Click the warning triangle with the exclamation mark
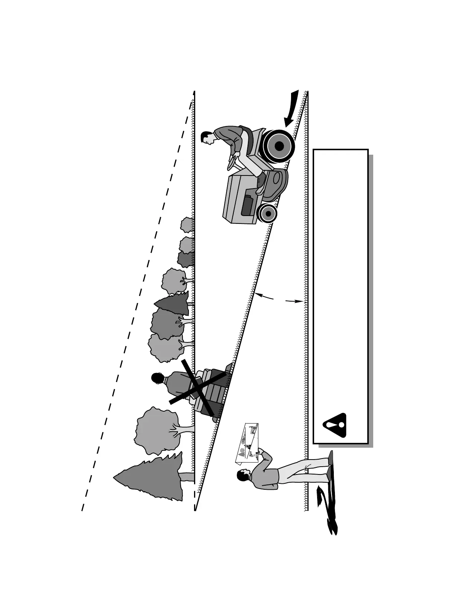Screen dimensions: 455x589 pos(335,425)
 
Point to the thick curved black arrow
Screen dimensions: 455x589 pos(292,110)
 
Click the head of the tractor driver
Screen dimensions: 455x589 pos(207,137)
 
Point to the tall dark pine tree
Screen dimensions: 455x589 pos(152,477)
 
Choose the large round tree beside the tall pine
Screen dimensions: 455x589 pos(156,430)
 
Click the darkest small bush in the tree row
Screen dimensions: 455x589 pos(185,259)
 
